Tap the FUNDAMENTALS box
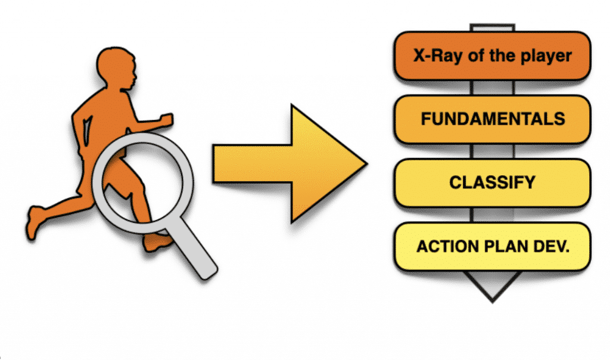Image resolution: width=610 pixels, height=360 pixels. [493, 119]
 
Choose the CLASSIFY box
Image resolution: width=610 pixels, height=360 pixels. [493, 182]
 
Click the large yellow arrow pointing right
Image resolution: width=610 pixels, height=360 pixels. [286, 163]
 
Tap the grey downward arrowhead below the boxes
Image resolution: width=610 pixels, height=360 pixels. [492, 285]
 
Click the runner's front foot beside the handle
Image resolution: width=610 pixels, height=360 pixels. [158, 241]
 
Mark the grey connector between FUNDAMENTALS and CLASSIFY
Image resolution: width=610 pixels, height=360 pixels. [492, 151]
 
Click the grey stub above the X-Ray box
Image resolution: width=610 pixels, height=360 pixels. [492, 28]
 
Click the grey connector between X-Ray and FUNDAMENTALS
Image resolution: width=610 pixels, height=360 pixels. [492, 88]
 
